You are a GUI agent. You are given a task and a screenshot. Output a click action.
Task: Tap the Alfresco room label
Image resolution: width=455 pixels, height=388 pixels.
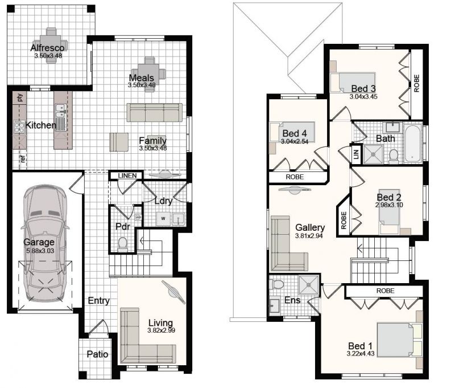(47, 48)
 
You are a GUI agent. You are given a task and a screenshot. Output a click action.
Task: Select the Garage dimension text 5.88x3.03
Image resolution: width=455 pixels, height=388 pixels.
(40, 251)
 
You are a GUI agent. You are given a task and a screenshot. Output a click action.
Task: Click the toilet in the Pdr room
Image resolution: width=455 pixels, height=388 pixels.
(123, 243)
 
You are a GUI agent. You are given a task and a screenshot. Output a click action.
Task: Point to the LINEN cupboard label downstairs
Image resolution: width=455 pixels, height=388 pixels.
(127, 175)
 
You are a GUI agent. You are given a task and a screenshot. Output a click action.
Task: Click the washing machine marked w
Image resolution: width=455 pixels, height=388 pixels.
(163, 219)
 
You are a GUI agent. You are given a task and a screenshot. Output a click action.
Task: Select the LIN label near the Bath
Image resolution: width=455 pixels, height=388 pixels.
(357, 152)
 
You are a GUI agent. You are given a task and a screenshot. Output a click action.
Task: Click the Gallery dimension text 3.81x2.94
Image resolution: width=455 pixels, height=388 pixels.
(309, 236)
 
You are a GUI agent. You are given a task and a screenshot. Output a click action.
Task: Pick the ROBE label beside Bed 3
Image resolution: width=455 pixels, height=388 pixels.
(417, 83)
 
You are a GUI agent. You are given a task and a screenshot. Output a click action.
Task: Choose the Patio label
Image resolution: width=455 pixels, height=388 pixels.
(97, 354)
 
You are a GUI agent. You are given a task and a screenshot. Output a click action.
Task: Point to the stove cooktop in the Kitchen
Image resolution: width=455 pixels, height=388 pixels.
(19, 127)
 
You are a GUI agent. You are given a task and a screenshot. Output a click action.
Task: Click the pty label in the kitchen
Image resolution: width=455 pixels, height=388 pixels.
(20, 97)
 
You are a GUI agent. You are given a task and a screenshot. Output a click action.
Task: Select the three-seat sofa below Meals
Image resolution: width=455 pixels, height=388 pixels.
(154, 112)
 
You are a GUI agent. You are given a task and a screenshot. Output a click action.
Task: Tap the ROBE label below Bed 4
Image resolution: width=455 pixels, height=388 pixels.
(295, 177)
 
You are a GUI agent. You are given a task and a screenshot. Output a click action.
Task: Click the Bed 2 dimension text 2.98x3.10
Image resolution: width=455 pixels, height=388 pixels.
(389, 205)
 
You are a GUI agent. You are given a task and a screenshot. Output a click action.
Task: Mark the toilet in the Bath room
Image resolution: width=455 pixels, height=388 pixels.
(394, 156)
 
